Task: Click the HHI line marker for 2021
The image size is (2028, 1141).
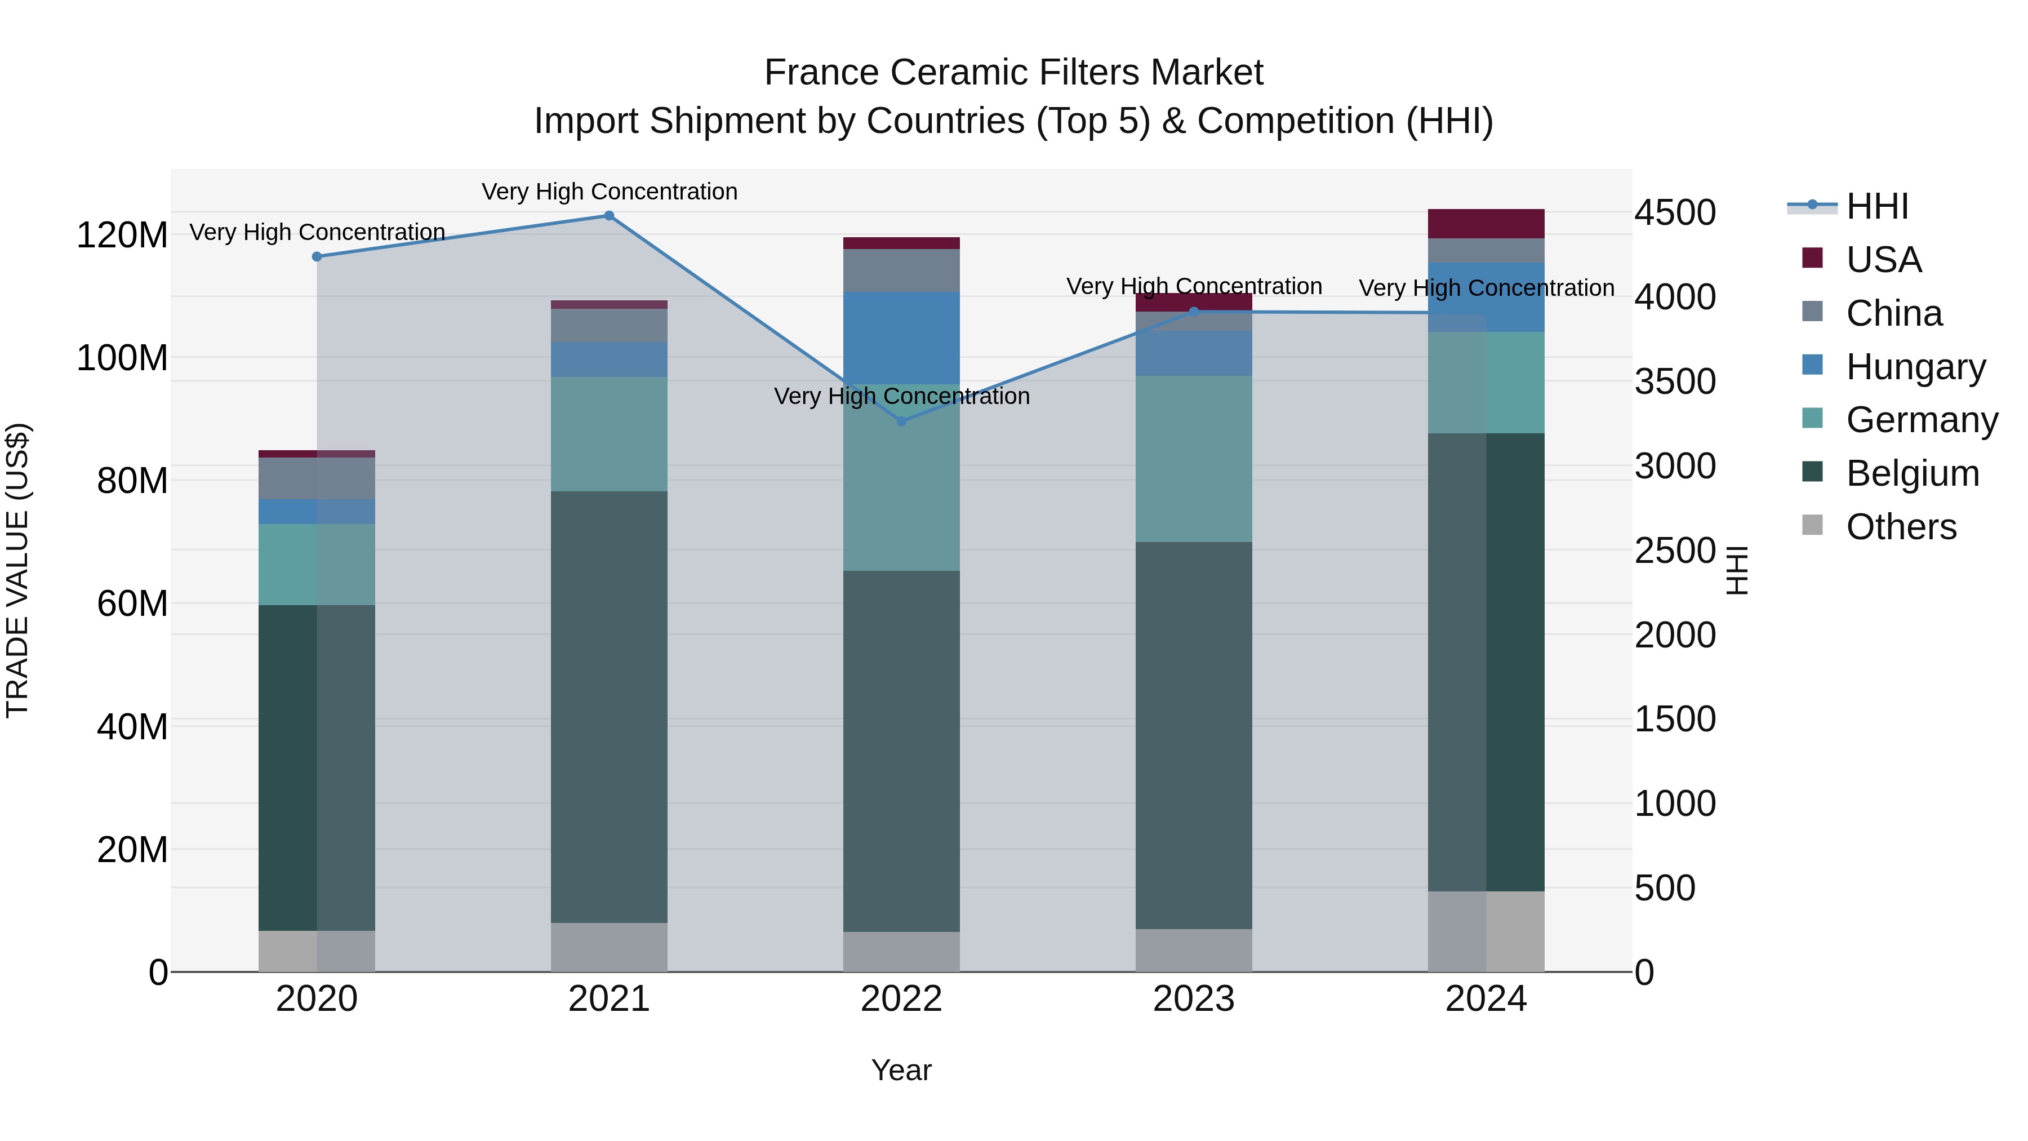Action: [608, 216]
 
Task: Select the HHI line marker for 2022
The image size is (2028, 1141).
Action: [901, 421]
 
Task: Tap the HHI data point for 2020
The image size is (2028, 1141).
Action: [317, 257]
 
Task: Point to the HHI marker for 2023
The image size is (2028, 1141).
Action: [1194, 312]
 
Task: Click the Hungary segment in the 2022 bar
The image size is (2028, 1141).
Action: [901, 338]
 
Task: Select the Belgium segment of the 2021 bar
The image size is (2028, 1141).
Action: [608, 707]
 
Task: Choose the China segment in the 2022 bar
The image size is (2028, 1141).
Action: [901, 270]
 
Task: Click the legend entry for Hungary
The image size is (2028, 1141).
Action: [1915, 367]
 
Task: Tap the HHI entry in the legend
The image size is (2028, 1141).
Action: [1877, 206]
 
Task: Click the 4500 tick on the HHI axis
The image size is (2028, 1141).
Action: [1675, 212]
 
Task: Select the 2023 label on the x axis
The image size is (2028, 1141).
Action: [1194, 999]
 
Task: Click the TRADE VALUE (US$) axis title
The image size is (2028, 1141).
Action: [18, 570]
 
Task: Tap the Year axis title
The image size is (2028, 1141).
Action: [901, 1070]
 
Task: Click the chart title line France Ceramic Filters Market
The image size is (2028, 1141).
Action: [1013, 73]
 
